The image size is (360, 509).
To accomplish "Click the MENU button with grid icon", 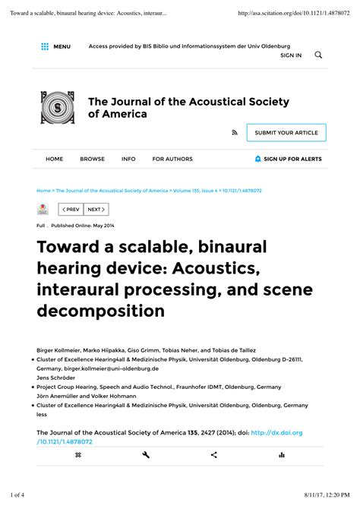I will click(x=55, y=47).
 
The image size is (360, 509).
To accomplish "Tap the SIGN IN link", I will click(x=291, y=55).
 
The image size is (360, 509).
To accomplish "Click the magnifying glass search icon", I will click(x=318, y=55).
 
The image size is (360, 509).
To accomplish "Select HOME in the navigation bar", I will click(x=55, y=160).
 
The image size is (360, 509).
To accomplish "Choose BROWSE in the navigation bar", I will click(x=93, y=160).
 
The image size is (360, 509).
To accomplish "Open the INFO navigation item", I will click(x=128, y=160).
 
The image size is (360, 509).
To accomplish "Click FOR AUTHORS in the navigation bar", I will click(x=172, y=160).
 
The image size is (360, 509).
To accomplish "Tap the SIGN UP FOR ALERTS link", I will click(x=289, y=160).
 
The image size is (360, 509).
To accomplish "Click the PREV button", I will click(x=71, y=209).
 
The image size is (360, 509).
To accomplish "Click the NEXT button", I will click(x=96, y=209).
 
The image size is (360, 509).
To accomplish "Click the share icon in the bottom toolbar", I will click(x=213, y=455).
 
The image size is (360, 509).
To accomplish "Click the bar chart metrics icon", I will click(x=281, y=455).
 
